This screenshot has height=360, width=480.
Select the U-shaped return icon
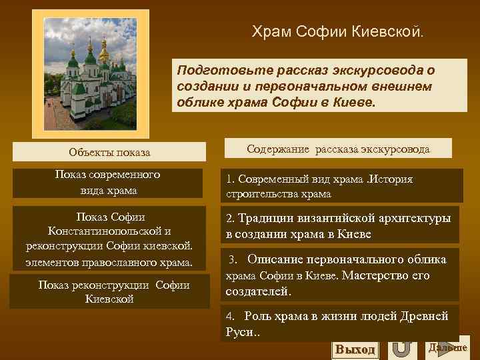tap(401, 348)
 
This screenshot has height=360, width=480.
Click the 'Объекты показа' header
tap(109, 153)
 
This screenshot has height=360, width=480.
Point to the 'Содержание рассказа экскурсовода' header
tap(338, 149)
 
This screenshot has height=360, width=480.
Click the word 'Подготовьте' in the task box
tap(211, 70)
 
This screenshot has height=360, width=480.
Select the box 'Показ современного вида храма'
tap(107, 183)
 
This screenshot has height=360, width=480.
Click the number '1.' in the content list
tap(230, 180)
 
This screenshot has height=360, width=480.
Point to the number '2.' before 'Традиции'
tap(230, 219)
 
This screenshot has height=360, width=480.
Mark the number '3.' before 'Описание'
tap(233, 259)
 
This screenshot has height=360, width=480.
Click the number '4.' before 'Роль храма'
tap(231, 316)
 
